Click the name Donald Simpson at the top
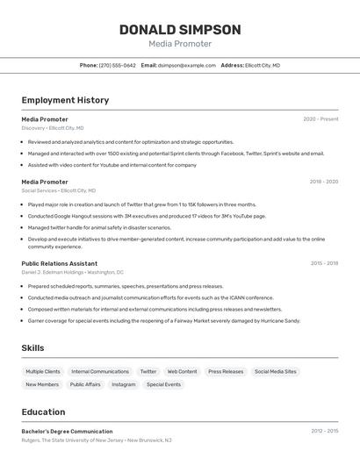(x=180, y=29)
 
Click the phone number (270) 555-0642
(x=117, y=65)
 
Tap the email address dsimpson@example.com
(x=186, y=65)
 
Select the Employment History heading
(x=65, y=100)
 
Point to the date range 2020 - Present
(x=320, y=118)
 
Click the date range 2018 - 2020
(x=323, y=182)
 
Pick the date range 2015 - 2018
(x=323, y=263)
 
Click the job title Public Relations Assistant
(x=60, y=263)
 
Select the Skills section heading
(x=33, y=348)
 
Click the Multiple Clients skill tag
(x=43, y=372)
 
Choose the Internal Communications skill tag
(x=100, y=372)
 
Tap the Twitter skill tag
(x=148, y=372)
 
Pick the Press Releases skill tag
(x=226, y=372)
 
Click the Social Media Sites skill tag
(x=276, y=372)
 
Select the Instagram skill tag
(x=124, y=384)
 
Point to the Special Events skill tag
(x=163, y=384)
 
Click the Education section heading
(x=44, y=411)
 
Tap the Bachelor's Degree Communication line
(x=67, y=432)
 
